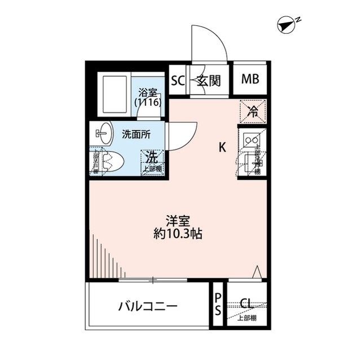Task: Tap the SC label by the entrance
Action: click(178, 80)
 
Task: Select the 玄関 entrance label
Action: click(209, 80)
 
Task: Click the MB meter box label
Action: click(250, 79)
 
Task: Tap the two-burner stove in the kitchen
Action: click(251, 138)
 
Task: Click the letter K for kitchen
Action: click(223, 148)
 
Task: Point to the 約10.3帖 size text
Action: click(177, 233)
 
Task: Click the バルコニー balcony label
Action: click(148, 308)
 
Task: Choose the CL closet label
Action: click(246, 304)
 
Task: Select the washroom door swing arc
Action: click(179, 135)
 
